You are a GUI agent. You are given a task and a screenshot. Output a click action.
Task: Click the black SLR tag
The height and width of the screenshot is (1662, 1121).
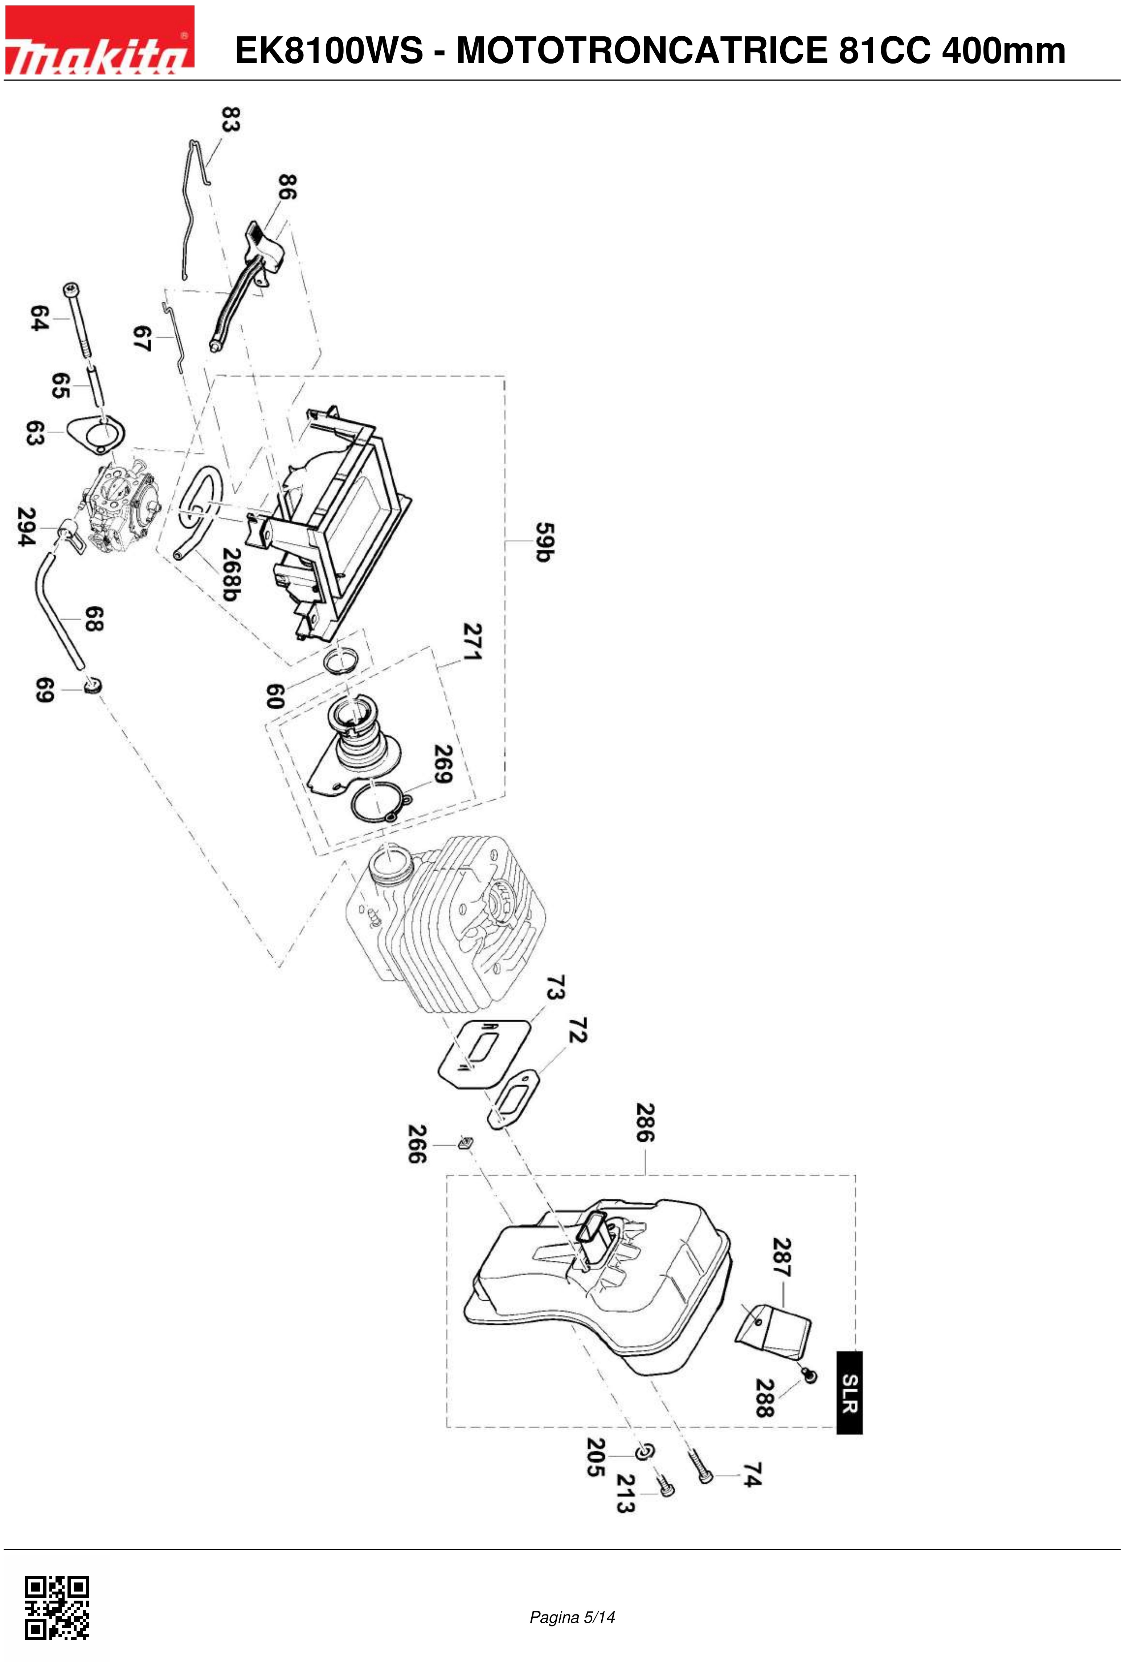(849, 1393)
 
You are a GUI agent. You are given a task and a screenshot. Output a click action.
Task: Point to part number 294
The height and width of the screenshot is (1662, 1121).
(26, 527)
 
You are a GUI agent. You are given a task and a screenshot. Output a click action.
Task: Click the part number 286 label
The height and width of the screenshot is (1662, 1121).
(645, 1123)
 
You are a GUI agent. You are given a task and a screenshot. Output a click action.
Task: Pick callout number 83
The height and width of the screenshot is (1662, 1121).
(230, 119)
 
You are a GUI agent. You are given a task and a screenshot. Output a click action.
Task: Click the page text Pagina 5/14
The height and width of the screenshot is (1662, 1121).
(572, 1617)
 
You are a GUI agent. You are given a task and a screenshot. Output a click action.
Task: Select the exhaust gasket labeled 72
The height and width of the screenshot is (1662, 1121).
(513, 1099)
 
